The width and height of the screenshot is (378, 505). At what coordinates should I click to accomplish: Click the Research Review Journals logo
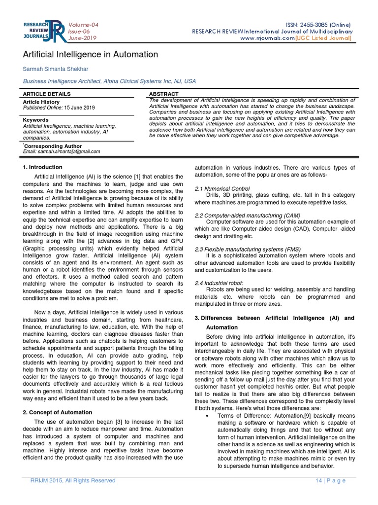tap(43, 31)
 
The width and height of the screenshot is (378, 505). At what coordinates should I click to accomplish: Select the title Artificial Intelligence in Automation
tap(91, 54)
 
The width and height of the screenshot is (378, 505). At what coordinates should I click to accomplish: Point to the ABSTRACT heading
tap(163, 94)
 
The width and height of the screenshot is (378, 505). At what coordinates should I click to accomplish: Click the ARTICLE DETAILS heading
tap(47, 94)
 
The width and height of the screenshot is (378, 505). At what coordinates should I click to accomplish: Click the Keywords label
tap(36, 120)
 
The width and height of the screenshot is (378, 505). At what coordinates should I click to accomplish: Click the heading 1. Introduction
tap(42, 168)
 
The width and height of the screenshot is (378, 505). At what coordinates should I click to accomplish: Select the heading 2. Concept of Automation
tap(58, 412)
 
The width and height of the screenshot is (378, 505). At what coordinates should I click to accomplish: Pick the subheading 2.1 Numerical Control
tap(222, 189)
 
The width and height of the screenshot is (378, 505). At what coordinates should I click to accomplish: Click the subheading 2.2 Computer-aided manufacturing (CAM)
tap(247, 216)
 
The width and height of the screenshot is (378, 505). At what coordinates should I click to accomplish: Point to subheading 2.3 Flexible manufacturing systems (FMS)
tap(248, 249)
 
